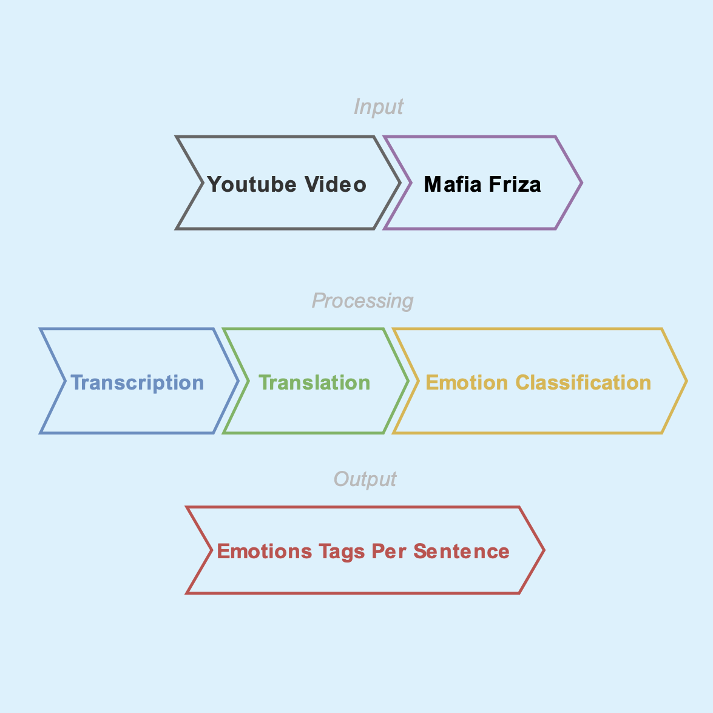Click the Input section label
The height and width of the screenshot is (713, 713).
pyautogui.click(x=378, y=107)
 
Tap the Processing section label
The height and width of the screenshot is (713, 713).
pyautogui.click(x=362, y=300)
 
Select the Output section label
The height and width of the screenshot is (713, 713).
pyautogui.click(x=365, y=479)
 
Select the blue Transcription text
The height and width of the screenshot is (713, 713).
pyautogui.click(x=137, y=383)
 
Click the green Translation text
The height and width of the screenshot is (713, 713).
pyautogui.click(x=314, y=383)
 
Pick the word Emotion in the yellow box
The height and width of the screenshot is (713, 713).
pyautogui.click(x=467, y=383)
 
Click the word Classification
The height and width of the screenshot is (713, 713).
pyautogui.click(x=583, y=383)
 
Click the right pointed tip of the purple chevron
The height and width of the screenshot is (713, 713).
pyautogui.click(x=581, y=183)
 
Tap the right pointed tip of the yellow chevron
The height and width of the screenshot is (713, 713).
pyautogui.click(x=686, y=381)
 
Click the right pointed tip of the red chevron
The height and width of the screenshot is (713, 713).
pyautogui.click(x=544, y=550)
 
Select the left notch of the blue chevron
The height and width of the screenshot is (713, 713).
pyautogui.click(x=64, y=381)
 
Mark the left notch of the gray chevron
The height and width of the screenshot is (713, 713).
pyautogui.click(x=202, y=183)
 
